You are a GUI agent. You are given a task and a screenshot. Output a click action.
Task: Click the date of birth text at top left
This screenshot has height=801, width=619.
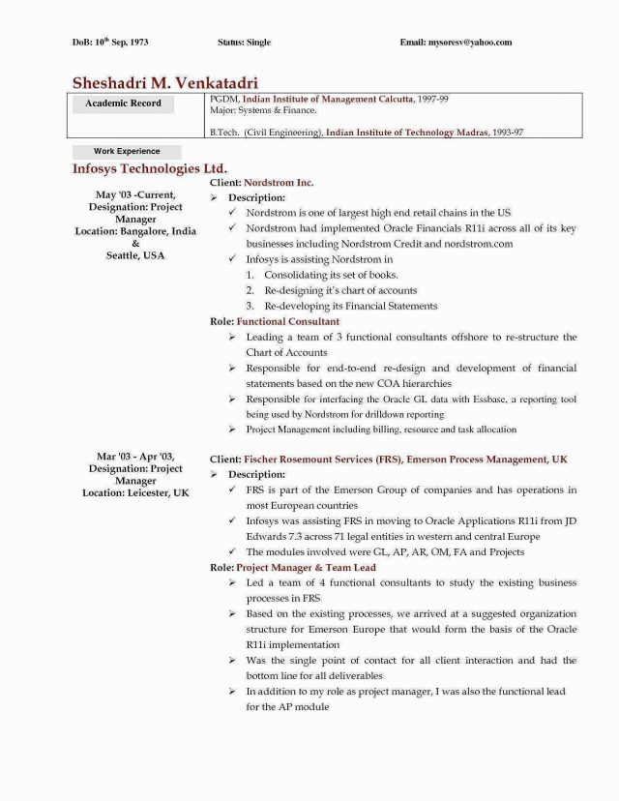[111, 43]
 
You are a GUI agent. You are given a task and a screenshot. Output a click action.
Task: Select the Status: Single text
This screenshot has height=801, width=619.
[245, 43]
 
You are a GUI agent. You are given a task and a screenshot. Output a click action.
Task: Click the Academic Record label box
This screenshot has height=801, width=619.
[124, 104]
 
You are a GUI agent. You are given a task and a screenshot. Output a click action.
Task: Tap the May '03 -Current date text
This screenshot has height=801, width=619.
[135, 196]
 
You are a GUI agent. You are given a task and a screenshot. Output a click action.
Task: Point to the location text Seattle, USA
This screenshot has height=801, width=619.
[135, 255]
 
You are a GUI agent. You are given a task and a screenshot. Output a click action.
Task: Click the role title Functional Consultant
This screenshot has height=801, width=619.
[288, 321]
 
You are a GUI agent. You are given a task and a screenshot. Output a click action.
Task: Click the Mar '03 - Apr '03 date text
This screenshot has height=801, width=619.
[135, 456]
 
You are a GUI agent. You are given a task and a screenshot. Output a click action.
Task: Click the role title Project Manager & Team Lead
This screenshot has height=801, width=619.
[306, 567]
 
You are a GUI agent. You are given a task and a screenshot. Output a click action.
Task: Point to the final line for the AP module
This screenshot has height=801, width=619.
[287, 707]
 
